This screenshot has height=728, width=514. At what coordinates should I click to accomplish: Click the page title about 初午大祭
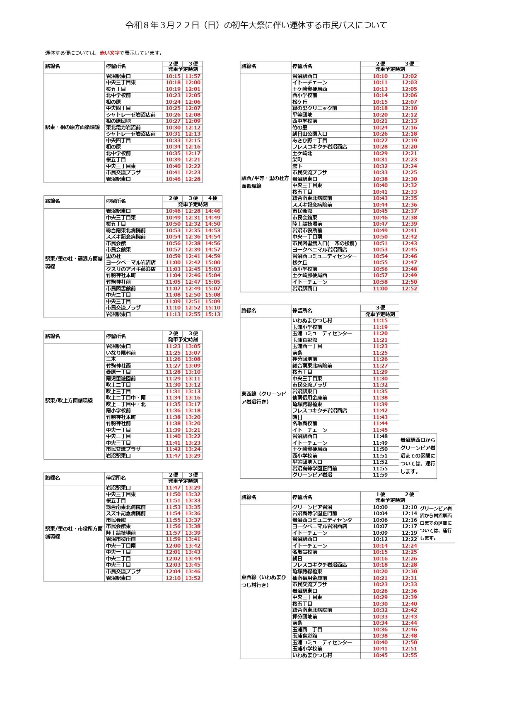click(256, 25)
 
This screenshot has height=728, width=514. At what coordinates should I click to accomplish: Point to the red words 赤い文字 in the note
click(109, 53)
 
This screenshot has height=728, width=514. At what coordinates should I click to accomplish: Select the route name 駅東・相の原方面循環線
click(72, 127)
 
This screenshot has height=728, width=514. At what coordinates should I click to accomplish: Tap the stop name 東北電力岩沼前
click(123, 128)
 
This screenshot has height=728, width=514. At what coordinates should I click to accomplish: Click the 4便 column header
click(212, 198)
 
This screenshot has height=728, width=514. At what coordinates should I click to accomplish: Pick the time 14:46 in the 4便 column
click(212, 211)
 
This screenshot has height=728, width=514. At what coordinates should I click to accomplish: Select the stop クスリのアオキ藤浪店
click(131, 269)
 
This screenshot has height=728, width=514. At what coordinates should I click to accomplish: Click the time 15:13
click(212, 314)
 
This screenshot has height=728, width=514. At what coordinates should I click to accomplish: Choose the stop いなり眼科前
click(121, 353)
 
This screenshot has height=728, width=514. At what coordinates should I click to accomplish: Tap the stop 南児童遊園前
click(121, 379)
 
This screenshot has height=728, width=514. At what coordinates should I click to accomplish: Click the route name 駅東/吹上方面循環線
click(69, 401)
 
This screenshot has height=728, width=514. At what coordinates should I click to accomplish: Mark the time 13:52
click(193, 578)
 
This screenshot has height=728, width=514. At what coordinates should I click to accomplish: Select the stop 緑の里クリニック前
click(315, 108)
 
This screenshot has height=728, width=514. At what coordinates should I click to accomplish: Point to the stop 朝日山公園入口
click(310, 134)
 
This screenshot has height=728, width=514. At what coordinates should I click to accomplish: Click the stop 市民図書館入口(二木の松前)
click(325, 243)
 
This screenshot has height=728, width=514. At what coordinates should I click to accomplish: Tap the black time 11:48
click(380, 436)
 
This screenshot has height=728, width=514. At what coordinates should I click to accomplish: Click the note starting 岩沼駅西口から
click(417, 455)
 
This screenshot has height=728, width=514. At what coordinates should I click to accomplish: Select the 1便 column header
click(380, 494)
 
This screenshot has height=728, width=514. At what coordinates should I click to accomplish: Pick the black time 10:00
click(380, 507)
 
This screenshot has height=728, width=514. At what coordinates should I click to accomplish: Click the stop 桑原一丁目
click(118, 372)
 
